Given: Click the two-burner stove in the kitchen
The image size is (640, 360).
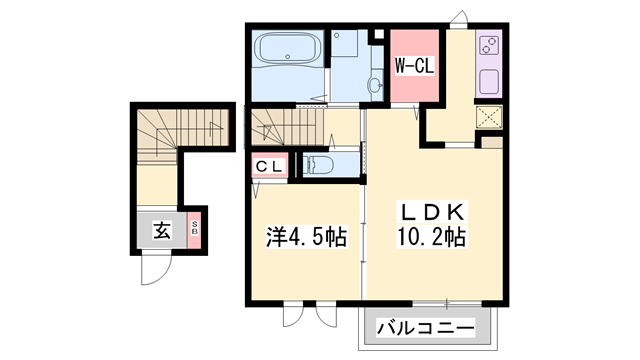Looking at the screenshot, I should point(490,46).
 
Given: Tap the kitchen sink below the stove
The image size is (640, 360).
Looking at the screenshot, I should point(490,81).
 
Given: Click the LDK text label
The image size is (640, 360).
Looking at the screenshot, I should point(432,213).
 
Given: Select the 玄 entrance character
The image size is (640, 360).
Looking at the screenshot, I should point(162,231).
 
